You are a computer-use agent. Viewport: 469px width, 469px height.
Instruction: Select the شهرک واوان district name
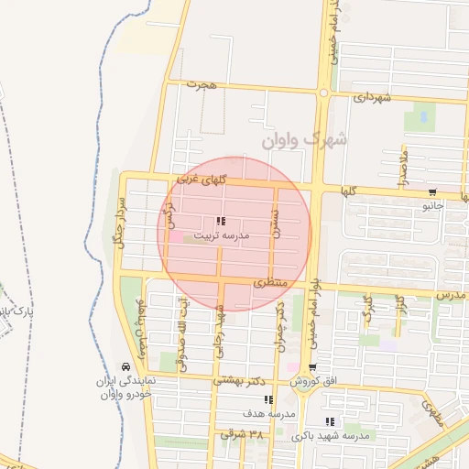[304, 140]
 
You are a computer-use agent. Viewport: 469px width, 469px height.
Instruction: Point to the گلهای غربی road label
[202, 177]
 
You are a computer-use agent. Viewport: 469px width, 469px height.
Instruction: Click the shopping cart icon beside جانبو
[431, 192]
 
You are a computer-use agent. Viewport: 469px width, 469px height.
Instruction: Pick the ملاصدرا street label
[402, 165]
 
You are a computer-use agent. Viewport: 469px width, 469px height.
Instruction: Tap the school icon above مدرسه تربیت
[220, 221]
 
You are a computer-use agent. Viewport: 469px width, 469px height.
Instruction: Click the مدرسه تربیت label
[219, 235]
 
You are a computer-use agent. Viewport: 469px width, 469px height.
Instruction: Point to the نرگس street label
[168, 217]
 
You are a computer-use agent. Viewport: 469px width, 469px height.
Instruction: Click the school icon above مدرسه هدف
[268, 398]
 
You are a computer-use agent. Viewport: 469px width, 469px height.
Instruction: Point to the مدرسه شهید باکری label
[331, 436]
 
